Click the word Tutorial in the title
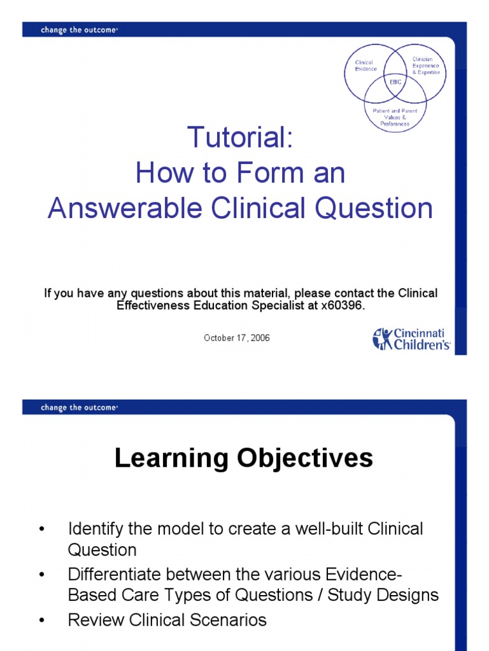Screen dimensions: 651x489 [240, 137]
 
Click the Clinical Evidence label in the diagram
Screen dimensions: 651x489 [366, 65]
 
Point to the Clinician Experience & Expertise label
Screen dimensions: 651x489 [426, 65]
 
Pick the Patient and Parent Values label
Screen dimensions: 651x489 [395, 117]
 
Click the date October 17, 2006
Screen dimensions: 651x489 [237, 338]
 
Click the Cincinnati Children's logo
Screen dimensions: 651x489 [412, 338]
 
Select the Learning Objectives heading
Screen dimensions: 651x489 [244, 458]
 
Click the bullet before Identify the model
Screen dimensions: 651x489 [42, 529]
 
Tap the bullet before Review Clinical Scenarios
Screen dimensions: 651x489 [42, 620]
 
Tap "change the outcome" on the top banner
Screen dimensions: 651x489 [80, 29]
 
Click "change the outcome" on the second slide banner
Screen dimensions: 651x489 [80, 408]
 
